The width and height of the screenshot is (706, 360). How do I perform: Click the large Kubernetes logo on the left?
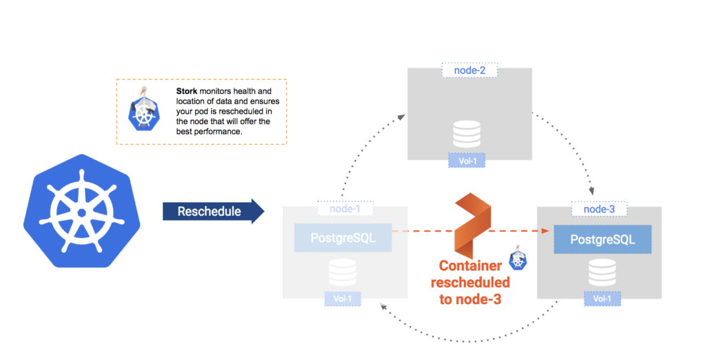click(x=81, y=210)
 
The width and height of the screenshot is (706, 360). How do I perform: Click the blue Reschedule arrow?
click(x=213, y=211)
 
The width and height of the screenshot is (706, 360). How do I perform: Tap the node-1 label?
click(x=345, y=208)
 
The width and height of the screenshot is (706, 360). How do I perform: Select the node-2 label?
click(x=470, y=70)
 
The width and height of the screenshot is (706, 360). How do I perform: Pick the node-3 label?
click(x=599, y=209)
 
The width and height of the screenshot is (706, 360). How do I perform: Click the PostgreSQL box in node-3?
click(x=603, y=239)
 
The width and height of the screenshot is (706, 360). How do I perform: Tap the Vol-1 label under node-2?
click(x=467, y=162)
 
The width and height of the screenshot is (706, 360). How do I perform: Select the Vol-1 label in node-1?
click(x=343, y=299)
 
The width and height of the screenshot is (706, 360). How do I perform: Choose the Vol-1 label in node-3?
click(x=602, y=299)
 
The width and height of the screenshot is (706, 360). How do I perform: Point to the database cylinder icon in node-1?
click(x=343, y=272)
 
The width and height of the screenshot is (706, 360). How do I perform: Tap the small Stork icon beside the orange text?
click(x=518, y=259)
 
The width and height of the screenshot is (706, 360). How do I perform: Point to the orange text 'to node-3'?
click(x=471, y=298)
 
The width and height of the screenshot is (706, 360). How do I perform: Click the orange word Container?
click(x=471, y=267)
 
